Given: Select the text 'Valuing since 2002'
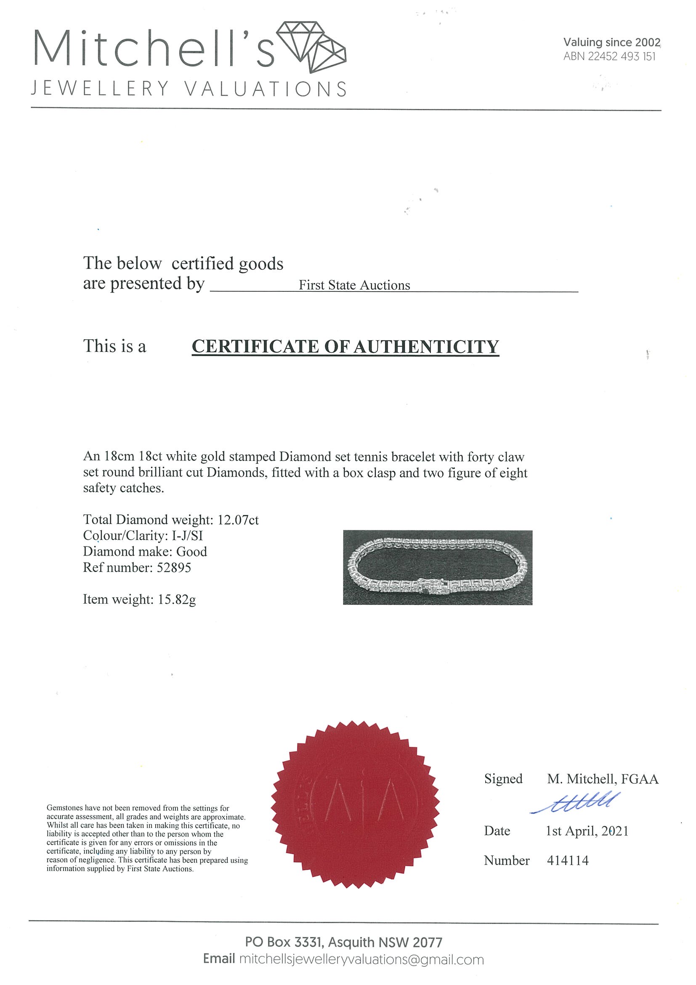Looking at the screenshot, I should click(611, 42).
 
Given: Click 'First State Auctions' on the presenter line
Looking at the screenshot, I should click(354, 285).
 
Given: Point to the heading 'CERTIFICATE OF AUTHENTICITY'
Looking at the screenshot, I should click(345, 346).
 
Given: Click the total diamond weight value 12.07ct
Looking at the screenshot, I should click(238, 520).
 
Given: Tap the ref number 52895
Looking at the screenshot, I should click(174, 567).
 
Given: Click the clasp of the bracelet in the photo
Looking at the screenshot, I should click(432, 585).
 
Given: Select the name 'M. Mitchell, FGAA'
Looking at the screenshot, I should click(603, 779).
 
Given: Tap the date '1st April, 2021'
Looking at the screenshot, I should click(587, 831).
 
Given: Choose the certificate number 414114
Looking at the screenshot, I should click(567, 860).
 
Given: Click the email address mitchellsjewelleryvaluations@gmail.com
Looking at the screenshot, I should click(361, 959).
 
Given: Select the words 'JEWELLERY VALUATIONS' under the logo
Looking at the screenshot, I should click(189, 89).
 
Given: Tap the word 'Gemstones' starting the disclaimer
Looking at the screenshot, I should click(65, 808).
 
